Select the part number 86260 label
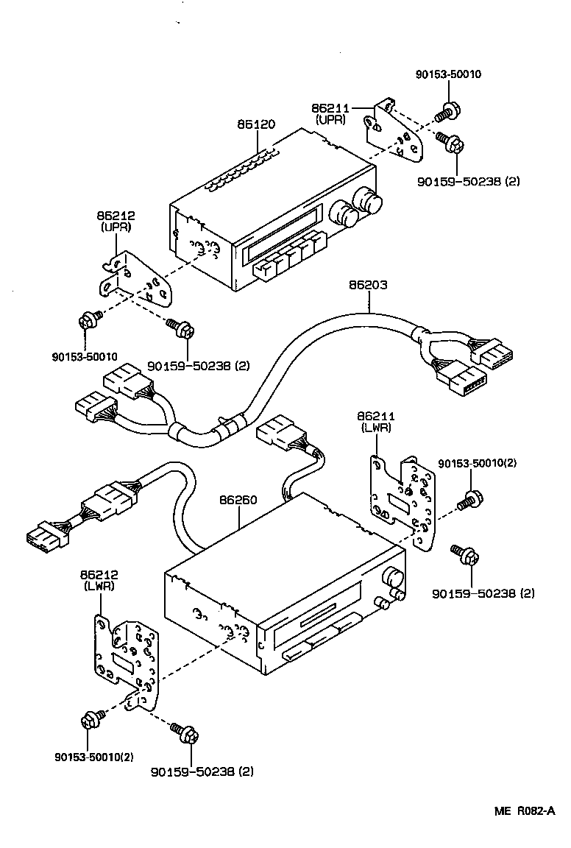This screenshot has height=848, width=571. [x=238, y=500]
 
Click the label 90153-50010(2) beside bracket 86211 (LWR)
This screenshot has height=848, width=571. [x=478, y=463]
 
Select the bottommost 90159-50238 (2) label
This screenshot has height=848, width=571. [x=202, y=771]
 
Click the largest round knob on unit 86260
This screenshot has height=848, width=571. [x=394, y=578]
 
